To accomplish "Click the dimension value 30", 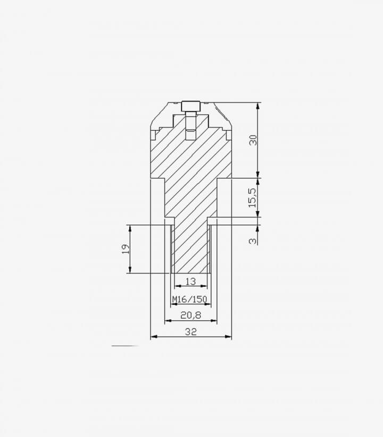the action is click(253, 140).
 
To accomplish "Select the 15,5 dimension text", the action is click(252, 198).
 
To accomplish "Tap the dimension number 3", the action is click(253, 241).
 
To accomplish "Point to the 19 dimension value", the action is click(126, 249).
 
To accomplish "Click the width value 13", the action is click(190, 281).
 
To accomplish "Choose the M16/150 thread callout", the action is click(190, 299).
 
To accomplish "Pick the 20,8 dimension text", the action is click(190, 315).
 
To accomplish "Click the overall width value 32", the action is click(191, 332).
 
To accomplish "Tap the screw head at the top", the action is click(191, 106).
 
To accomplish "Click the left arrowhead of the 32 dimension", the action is click(153, 337).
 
